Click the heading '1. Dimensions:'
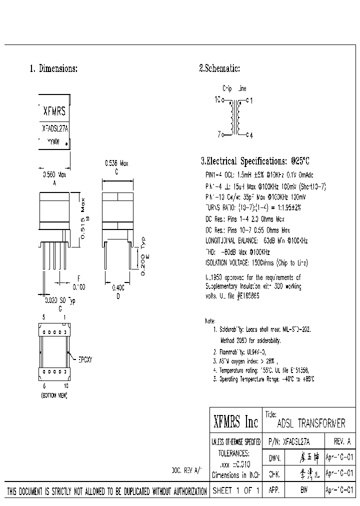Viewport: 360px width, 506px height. pos(53,69)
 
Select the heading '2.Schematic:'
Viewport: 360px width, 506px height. pos(219,69)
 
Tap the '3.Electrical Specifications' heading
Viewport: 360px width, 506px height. pos(255,161)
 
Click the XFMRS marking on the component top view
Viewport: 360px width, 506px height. pos(54,111)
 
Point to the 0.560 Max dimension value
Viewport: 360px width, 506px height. pos(54,174)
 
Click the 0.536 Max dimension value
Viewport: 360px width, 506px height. pos(116,163)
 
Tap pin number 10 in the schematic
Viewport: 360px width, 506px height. pos(217,100)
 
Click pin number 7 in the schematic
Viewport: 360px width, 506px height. pos(219,134)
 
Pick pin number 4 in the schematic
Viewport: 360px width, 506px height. pos(251,134)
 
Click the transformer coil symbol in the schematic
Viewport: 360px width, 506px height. pos(235,117)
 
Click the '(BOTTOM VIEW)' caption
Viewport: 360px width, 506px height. pos(53,395)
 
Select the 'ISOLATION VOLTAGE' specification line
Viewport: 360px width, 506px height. pos(256,262)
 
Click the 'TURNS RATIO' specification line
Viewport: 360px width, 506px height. pos(253,207)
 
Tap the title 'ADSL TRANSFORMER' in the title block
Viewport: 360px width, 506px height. pos(310,423)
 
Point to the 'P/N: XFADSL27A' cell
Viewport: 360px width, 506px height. pos(289,441)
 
